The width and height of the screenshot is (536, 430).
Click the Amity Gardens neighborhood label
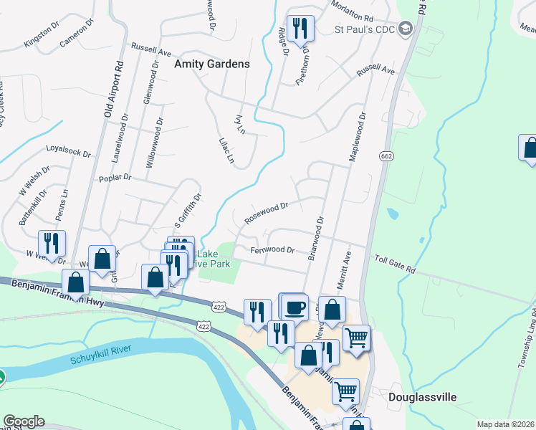(x=212, y=64)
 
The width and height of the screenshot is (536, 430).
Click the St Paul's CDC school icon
(x=406, y=29)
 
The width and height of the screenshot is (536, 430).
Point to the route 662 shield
(x=386, y=156)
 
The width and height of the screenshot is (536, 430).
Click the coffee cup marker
(x=294, y=308)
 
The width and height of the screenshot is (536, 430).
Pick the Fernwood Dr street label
(x=272, y=250)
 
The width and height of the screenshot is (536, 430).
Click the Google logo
(x=24, y=421)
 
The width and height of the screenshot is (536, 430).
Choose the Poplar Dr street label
(x=116, y=176)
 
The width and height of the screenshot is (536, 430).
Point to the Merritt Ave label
(x=343, y=270)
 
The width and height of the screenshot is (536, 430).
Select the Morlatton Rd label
(x=353, y=11)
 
